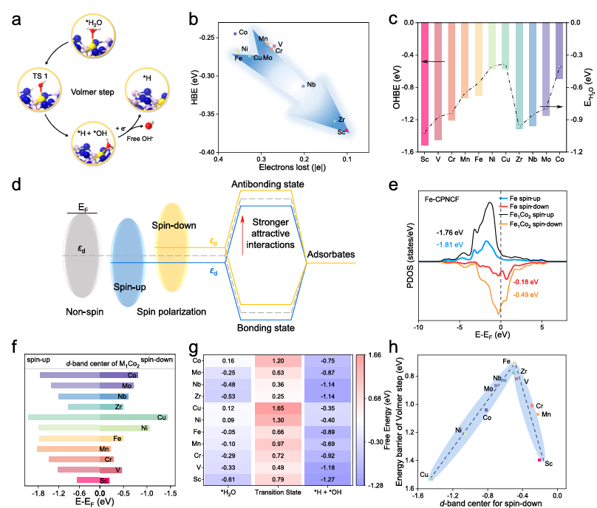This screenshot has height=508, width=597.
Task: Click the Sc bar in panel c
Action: point(425,83)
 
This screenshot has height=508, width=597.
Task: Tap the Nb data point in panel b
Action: point(303,86)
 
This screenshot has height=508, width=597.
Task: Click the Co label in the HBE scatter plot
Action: point(243,32)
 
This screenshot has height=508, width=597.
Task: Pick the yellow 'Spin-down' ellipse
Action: point(171,241)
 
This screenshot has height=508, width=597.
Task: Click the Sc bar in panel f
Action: point(88,480)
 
